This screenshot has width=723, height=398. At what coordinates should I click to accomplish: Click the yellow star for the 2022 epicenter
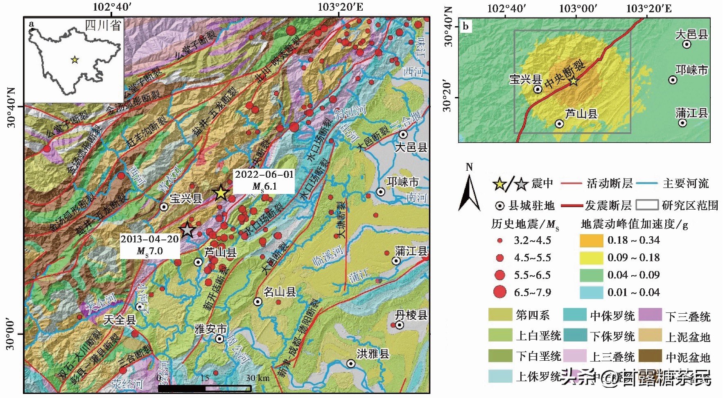(x=221, y=192)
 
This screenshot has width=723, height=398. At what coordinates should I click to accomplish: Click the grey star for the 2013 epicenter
(x=187, y=230)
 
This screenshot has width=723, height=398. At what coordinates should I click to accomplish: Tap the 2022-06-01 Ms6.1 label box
(x=264, y=181)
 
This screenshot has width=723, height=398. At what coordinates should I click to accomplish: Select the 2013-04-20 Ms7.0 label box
(x=150, y=245)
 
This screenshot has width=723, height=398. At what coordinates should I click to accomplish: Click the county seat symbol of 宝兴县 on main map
(x=164, y=207)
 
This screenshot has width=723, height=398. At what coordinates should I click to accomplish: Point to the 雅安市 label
(x=210, y=329)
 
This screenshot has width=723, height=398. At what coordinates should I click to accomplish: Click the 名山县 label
(x=280, y=292)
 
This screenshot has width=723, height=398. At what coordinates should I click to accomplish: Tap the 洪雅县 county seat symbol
(x=351, y=364)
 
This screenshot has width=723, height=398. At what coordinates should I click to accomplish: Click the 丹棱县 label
(x=411, y=315)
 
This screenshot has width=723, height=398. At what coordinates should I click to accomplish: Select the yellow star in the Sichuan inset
(x=75, y=60)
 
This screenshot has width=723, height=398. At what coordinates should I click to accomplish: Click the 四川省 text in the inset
(x=103, y=25)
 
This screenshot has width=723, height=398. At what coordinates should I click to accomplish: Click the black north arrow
(x=469, y=193)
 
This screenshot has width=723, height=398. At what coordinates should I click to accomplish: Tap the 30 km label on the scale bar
(x=258, y=378)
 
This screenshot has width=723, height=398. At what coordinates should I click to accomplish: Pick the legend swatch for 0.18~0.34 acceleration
(x=591, y=240)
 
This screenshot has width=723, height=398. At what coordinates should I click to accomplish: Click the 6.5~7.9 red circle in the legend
(x=500, y=292)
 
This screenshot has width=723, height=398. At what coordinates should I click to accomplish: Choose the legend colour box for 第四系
(x=500, y=315)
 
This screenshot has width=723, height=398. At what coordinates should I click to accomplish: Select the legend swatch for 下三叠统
(x=650, y=315)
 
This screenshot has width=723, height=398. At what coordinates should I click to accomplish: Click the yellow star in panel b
(x=574, y=81)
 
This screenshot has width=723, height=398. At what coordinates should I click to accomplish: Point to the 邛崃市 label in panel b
(x=691, y=70)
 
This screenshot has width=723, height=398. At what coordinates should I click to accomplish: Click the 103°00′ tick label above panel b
(x=578, y=8)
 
